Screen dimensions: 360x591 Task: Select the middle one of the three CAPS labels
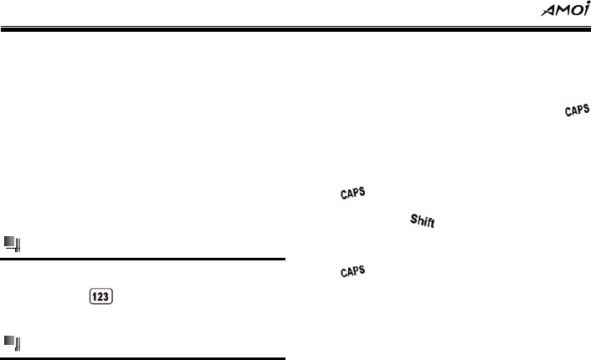[x=355, y=193]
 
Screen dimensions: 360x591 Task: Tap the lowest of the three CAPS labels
[x=355, y=271]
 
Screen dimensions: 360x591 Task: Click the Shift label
[x=426, y=222]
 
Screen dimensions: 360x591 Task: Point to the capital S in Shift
[x=414, y=218]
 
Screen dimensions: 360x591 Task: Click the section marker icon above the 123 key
[x=12, y=244]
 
